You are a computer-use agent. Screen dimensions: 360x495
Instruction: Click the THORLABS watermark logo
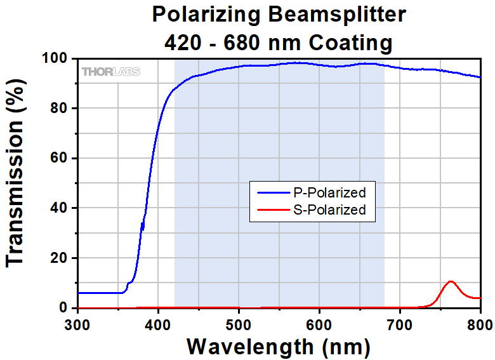[111, 72]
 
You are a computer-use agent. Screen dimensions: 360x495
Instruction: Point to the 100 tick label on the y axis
[55, 59]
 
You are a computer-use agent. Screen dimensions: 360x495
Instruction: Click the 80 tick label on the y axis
[59, 109]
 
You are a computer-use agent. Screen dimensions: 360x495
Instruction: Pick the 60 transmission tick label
[59, 158]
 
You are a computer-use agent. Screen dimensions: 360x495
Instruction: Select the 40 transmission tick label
[59, 208]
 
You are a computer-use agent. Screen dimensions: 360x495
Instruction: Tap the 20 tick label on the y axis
[59, 258]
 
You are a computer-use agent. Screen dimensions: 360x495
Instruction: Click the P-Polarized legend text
[329, 192]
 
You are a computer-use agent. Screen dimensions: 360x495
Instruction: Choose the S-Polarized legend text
[329, 210]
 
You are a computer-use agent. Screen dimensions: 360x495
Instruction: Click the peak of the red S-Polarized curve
[451, 281]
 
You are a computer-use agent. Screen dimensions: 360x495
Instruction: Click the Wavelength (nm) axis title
[279, 347]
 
